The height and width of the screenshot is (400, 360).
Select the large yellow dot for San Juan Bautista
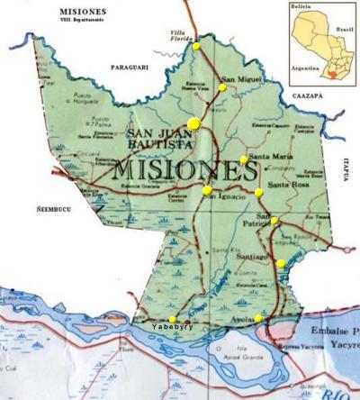coord(194,124)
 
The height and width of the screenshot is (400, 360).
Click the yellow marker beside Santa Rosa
coord(259,192)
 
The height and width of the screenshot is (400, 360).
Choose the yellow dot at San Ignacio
coord(207,190)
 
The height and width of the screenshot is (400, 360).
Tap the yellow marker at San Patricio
coord(274,221)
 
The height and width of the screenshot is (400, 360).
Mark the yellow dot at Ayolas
coord(258,318)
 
